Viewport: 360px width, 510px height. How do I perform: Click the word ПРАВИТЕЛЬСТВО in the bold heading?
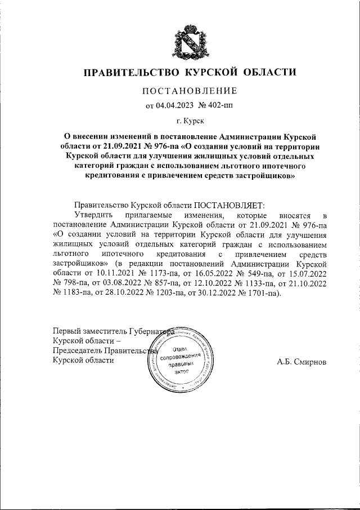pyautogui.click(x=128, y=72)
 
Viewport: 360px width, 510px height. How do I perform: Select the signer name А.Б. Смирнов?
pyautogui.click(x=301, y=361)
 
